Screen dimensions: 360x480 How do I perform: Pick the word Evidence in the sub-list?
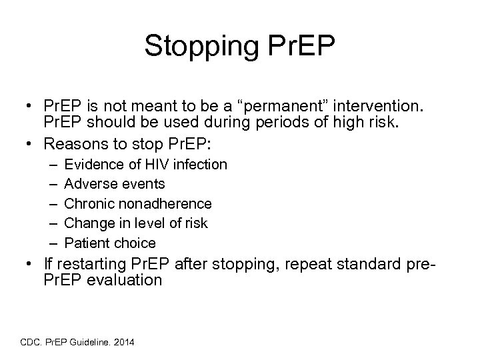tap(93, 164)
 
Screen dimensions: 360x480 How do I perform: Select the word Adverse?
tap(90, 183)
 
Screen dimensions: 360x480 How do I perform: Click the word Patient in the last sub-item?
tap(87, 243)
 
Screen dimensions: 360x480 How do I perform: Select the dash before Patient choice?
tap(53, 243)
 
